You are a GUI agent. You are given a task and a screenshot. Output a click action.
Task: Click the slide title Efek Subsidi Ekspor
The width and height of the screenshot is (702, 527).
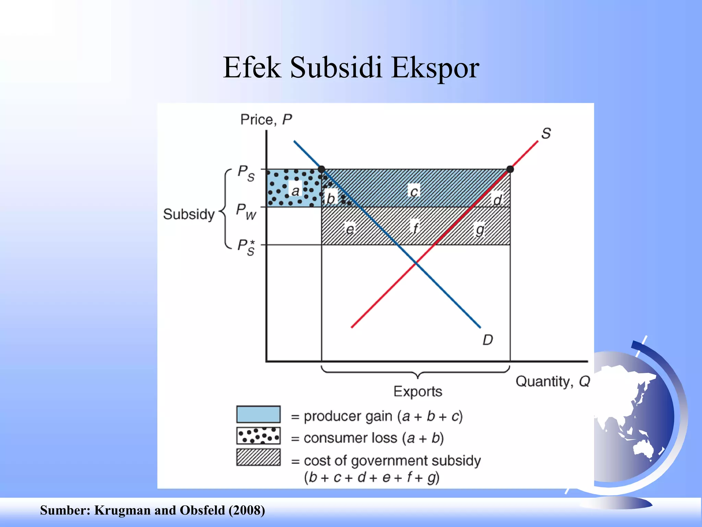pyautogui.click(x=351, y=68)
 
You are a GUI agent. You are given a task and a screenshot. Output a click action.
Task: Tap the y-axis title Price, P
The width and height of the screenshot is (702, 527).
pyautogui.click(x=266, y=120)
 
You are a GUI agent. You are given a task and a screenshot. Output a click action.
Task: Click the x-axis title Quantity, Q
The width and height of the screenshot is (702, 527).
pyautogui.click(x=553, y=382)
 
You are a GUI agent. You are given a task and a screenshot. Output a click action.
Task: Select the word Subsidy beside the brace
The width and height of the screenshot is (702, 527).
pyautogui.click(x=189, y=214)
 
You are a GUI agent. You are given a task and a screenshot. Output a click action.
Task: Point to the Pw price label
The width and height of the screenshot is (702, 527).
pyautogui.click(x=246, y=211)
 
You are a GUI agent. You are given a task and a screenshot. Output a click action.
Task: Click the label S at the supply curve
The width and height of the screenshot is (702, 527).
pyautogui.click(x=546, y=133)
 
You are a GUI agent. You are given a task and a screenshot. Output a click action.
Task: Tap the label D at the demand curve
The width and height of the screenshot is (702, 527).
pyautogui.click(x=487, y=340)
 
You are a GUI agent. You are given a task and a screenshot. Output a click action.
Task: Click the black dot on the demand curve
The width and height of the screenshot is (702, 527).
pyautogui.click(x=322, y=169)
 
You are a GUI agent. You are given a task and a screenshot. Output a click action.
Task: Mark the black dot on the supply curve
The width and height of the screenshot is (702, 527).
pyautogui.click(x=510, y=169)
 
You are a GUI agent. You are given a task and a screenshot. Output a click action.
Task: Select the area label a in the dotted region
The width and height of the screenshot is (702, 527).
pyautogui.click(x=295, y=191)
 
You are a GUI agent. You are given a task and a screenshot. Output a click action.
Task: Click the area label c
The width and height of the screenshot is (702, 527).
pyautogui.click(x=414, y=191)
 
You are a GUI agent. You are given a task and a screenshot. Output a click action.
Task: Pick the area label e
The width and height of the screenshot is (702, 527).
pyautogui.click(x=350, y=229)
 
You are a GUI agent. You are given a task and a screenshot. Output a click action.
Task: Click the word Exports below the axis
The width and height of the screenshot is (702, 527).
pyautogui.click(x=418, y=391)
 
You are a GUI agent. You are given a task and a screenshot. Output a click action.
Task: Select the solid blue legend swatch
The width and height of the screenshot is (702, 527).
pyautogui.click(x=258, y=414)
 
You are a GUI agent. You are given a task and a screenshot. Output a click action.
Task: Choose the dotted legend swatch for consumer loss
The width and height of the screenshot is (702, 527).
pyautogui.click(x=258, y=436)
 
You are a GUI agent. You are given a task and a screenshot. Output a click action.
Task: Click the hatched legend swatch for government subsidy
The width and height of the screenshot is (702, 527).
pyautogui.click(x=258, y=457)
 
